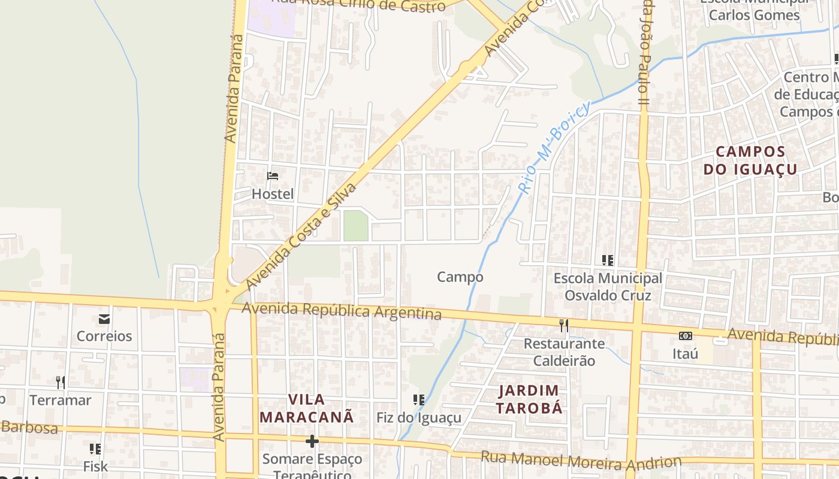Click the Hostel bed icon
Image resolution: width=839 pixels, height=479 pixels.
click(273, 176)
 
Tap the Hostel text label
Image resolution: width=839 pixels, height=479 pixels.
click(273, 194)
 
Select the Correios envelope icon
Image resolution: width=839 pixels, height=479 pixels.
click(104, 319)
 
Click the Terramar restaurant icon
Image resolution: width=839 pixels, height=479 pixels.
click(61, 382)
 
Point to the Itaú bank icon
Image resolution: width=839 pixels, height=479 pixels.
click(685, 336)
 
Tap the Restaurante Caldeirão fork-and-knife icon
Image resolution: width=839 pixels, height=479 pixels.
click(563, 325)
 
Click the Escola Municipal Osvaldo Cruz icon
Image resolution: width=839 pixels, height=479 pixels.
click(608, 260)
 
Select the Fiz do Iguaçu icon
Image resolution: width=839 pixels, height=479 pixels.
click(419, 399)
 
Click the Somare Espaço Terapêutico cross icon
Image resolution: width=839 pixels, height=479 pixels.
click(312, 441)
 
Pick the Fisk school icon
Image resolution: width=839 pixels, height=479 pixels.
click(95, 448)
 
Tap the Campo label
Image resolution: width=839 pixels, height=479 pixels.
click(460, 277)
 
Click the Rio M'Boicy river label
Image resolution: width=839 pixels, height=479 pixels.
click(554, 147)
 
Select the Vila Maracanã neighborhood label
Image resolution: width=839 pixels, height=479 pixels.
click(307, 408)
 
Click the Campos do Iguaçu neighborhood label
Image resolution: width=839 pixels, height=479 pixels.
click(750, 160)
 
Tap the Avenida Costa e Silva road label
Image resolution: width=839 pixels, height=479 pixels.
click(301, 235)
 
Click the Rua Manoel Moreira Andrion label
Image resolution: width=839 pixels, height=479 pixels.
click(581, 460)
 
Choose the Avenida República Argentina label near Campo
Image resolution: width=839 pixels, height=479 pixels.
click(342, 311)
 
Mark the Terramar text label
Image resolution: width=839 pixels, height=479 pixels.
click(61, 400)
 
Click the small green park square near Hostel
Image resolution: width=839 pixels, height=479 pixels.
click(355, 226)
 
